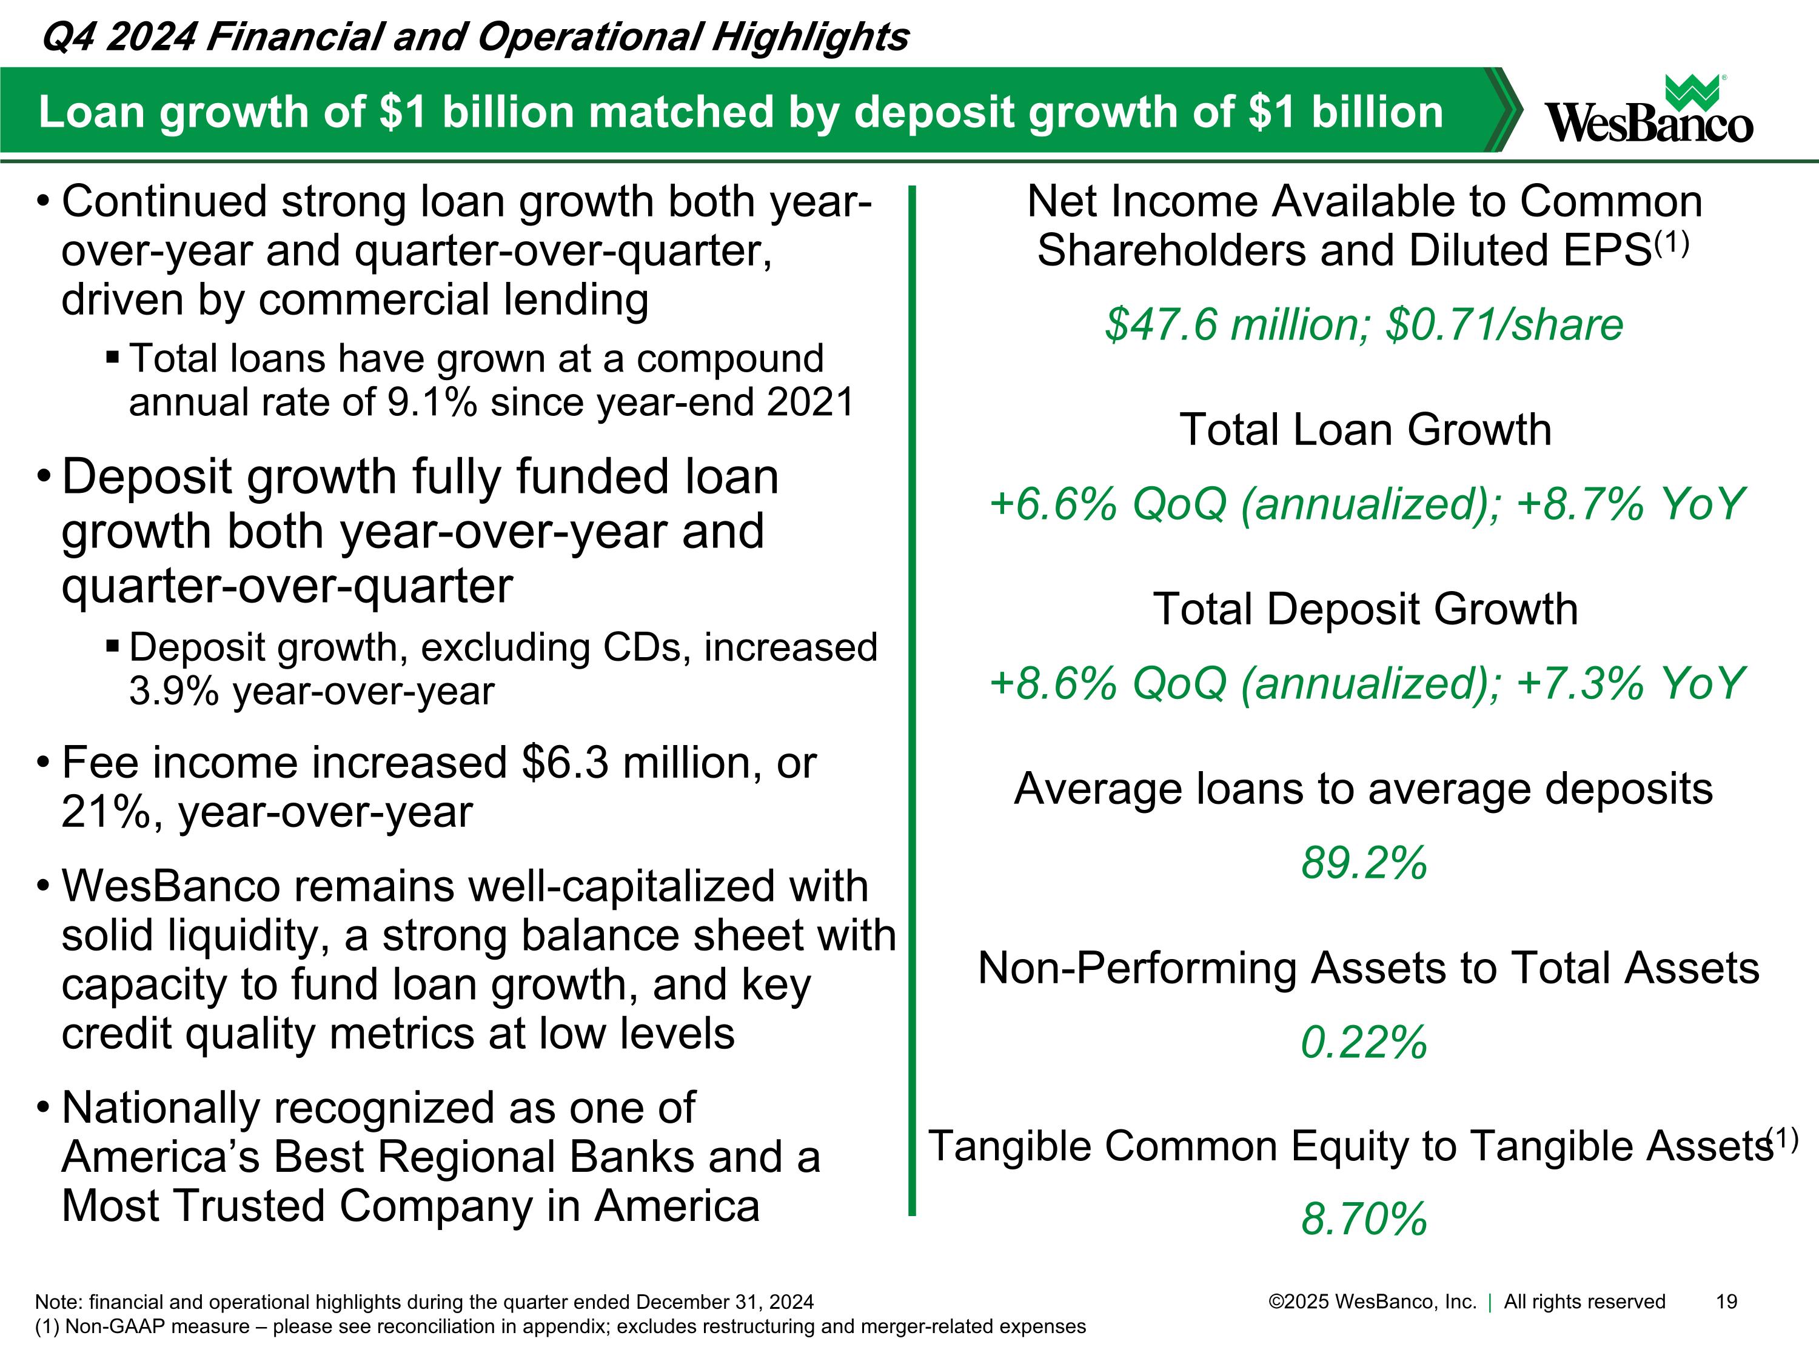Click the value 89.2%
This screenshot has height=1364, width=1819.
[x=1364, y=863]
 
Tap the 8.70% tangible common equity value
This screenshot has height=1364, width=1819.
[x=1364, y=1219]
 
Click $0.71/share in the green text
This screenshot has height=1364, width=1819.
[x=1505, y=325]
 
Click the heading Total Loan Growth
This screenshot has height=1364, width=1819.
[x=1365, y=430]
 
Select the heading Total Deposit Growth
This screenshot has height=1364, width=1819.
[x=1365, y=609]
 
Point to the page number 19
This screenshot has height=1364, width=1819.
[x=1727, y=1302]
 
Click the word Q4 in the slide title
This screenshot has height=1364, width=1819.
[x=67, y=37]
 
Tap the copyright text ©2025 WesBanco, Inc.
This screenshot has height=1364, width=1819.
[x=1373, y=1302]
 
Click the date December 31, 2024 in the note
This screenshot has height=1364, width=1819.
[x=725, y=1302]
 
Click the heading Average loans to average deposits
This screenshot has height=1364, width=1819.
[x=1364, y=789]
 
